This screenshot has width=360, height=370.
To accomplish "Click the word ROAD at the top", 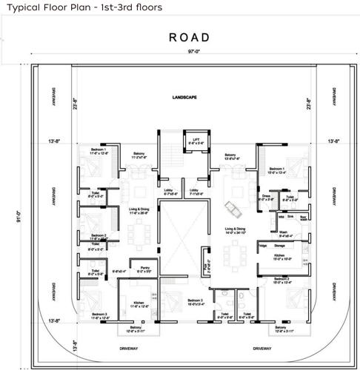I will [x=189, y=37].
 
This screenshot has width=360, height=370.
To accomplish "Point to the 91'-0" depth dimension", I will [x=10, y=215].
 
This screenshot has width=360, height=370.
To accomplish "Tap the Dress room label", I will [x=267, y=198].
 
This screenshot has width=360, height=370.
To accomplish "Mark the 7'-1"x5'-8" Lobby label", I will [x=194, y=192].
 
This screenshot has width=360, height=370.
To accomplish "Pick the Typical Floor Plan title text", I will [x=83, y=7].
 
